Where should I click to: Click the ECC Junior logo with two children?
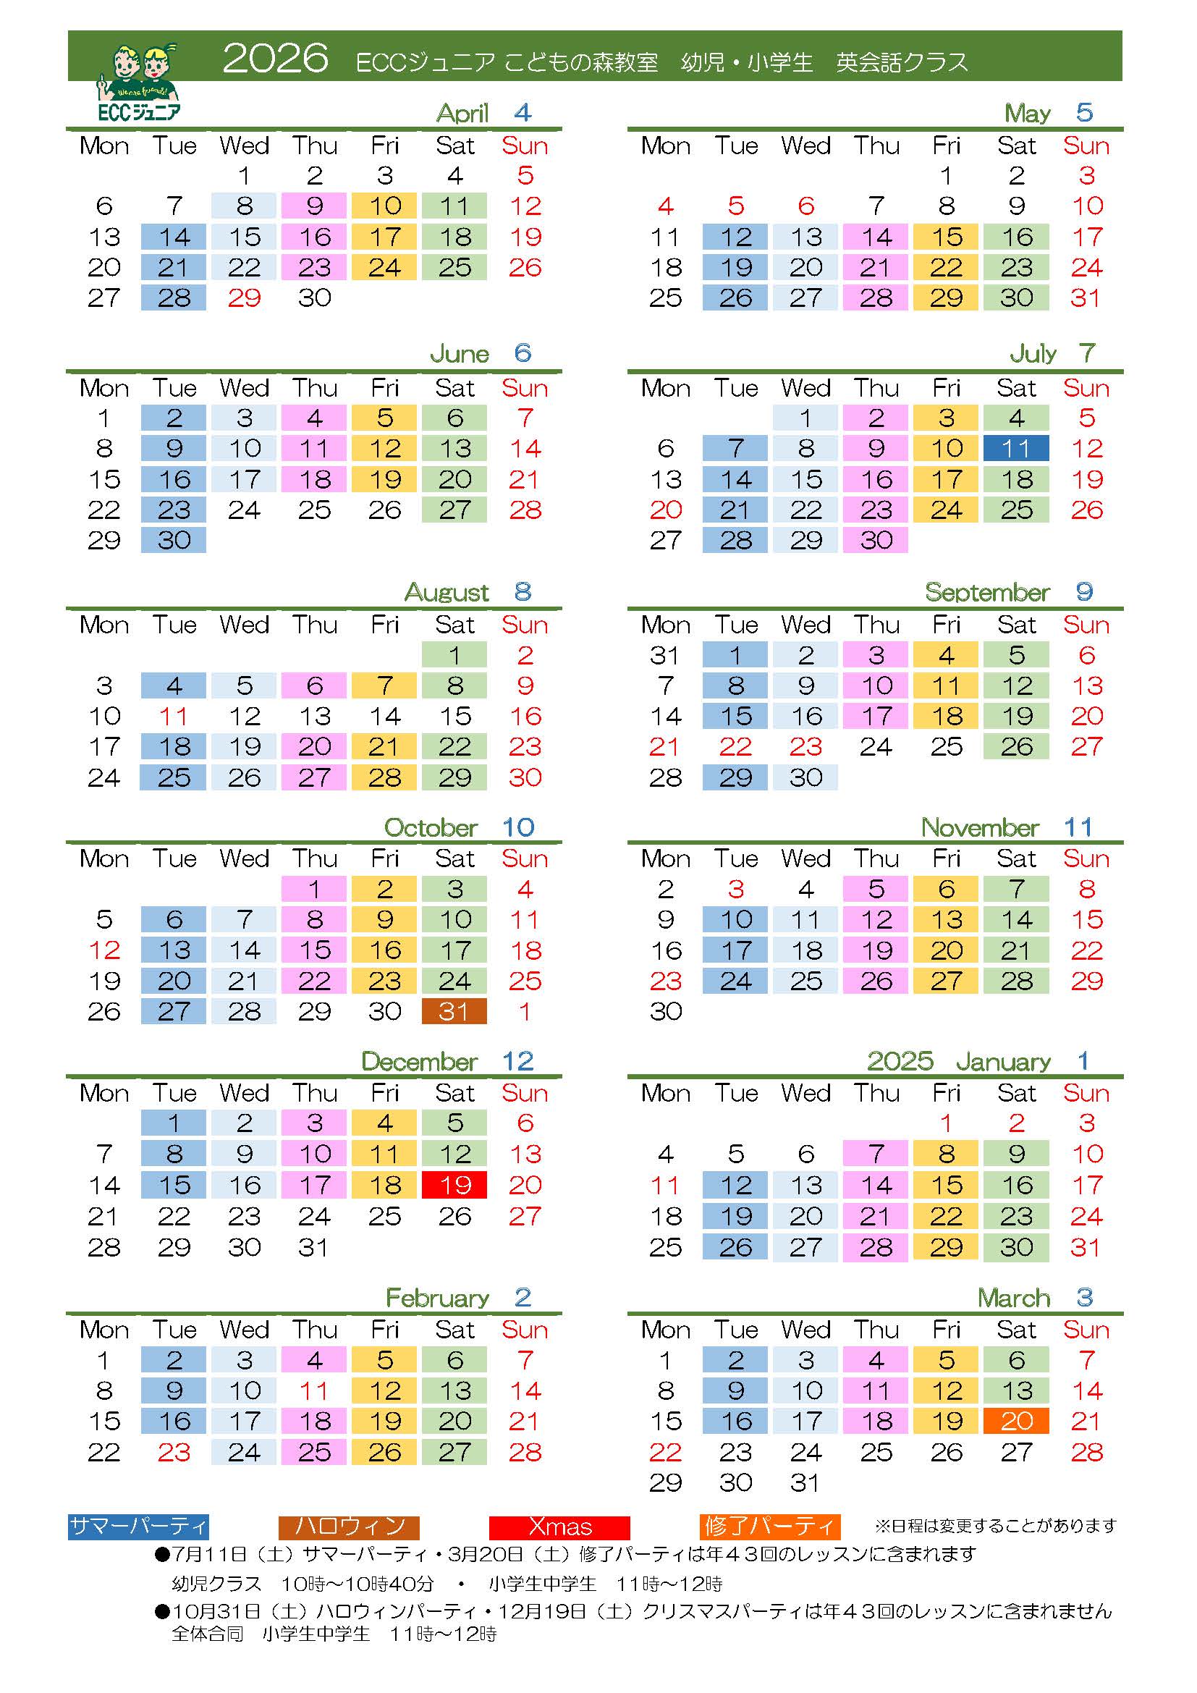(138, 81)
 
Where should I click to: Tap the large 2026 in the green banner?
(275, 58)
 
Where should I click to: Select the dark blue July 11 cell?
(1015, 448)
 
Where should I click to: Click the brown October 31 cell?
(454, 1011)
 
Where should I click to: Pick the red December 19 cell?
(454, 1185)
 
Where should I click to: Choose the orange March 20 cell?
(1015, 1421)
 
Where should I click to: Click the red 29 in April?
(244, 298)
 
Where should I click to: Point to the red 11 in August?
(174, 716)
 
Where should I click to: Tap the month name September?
(987, 592)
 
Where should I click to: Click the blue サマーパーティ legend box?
(138, 1527)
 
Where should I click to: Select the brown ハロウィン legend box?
(349, 1527)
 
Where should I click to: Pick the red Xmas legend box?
(559, 1527)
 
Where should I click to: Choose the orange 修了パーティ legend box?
(770, 1527)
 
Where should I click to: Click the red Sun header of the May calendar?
(1086, 146)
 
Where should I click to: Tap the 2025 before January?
(900, 1061)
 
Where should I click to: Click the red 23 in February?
(174, 1452)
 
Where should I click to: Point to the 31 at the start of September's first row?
(665, 655)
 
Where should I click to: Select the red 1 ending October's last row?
(525, 1011)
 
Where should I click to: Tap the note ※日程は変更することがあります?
(996, 1525)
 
